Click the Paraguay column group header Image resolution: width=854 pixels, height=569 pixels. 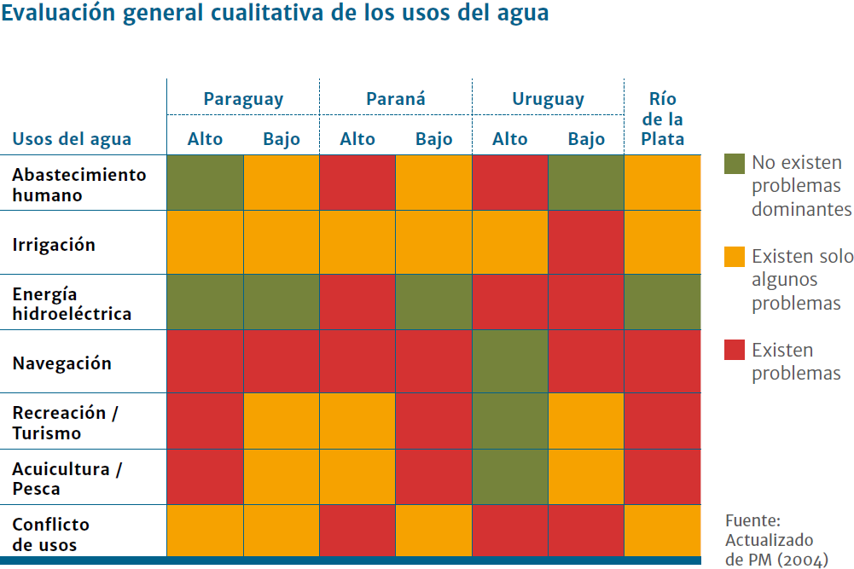click(243, 100)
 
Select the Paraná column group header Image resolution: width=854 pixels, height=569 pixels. click(396, 100)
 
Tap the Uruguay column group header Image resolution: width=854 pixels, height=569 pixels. click(549, 100)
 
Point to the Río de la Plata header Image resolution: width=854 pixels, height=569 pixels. click(663, 119)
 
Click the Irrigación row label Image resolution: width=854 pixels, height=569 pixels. click(54, 245)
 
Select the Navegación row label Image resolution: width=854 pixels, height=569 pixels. click(61, 363)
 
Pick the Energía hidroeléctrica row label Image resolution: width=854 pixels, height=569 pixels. click(72, 305)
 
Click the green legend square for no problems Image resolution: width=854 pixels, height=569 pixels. click(734, 163)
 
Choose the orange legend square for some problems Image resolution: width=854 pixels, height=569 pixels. click(734, 257)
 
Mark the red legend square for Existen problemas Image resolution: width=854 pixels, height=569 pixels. click(734, 350)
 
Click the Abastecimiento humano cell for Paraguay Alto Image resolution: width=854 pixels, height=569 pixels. click(205, 183)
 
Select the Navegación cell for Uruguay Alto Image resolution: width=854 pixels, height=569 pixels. click(510, 362)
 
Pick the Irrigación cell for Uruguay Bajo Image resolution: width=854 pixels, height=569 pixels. click(586, 243)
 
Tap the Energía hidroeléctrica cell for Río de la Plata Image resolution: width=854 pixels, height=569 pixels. click(663, 302)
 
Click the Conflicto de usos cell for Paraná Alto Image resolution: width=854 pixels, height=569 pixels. click(357, 531)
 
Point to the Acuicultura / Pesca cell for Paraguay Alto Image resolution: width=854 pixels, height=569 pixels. click(205, 478)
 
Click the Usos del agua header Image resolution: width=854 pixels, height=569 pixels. click(72, 140)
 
